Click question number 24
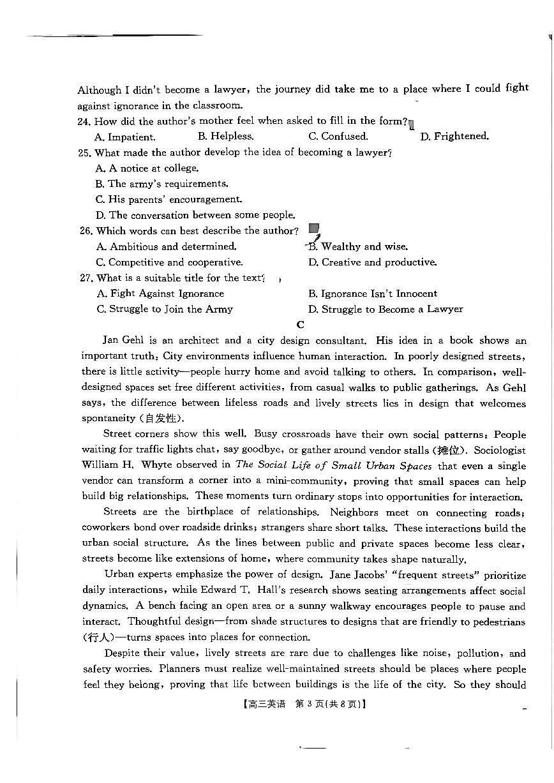[x=86, y=121]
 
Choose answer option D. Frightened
[x=454, y=137]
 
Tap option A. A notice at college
[x=147, y=168]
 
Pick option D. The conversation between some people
[x=195, y=215]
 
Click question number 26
[x=86, y=231]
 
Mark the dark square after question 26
[x=313, y=228]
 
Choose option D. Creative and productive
[x=372, y=262]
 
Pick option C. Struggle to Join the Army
[x=165, y=309]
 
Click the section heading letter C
[x=300, y=324]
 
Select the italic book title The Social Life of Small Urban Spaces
[x=333, y=466]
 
